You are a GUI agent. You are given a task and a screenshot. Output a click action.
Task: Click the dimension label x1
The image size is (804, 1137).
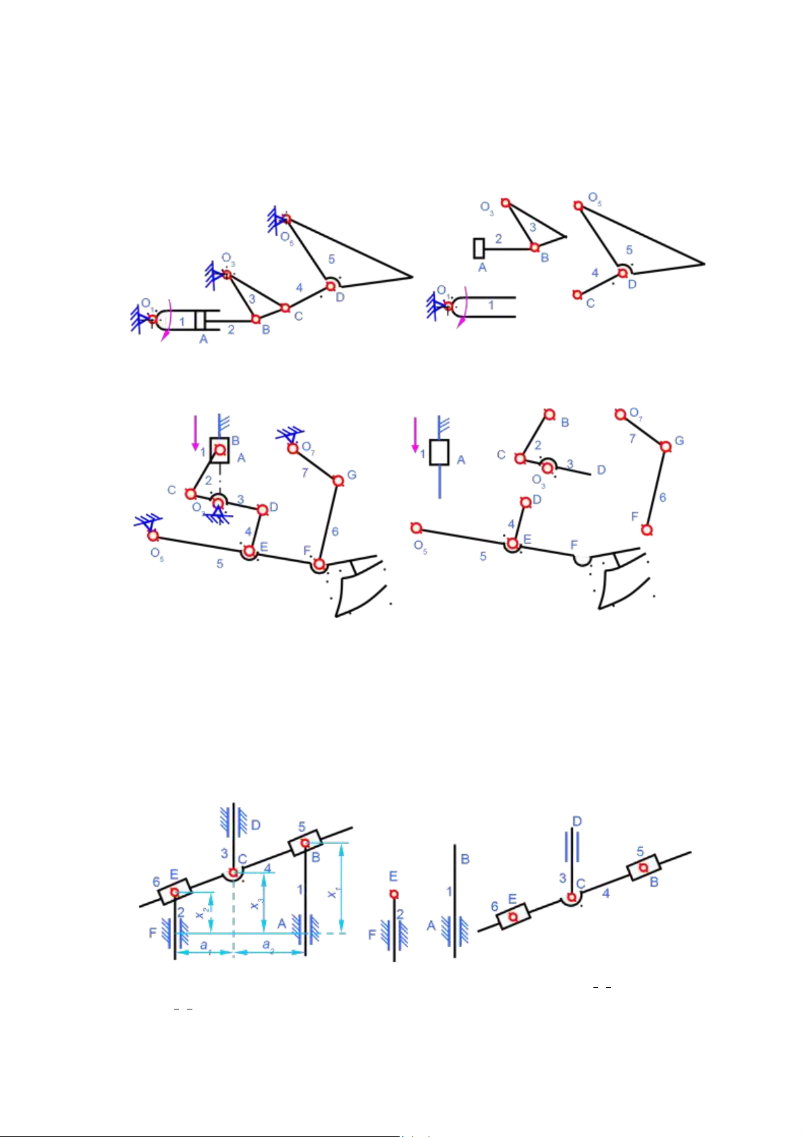pos(332,893)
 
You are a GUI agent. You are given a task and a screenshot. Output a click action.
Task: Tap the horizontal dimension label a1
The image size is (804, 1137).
pos(204,946)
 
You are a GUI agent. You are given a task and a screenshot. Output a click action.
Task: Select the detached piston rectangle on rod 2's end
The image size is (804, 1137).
pos(479,248)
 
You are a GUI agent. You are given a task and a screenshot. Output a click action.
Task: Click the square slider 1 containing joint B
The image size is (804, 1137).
pos(219,450)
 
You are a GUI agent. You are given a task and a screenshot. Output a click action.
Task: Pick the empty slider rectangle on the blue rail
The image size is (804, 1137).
pos(439,452)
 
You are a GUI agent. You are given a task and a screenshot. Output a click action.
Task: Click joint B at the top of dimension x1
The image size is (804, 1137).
pos(305,843)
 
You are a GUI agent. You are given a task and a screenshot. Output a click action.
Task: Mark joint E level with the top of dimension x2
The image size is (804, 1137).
pos(175,893)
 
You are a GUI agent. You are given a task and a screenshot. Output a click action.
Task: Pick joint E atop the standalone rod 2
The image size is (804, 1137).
pos(394,894)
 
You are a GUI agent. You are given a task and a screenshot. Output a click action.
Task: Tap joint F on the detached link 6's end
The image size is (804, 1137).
pos(647,530)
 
